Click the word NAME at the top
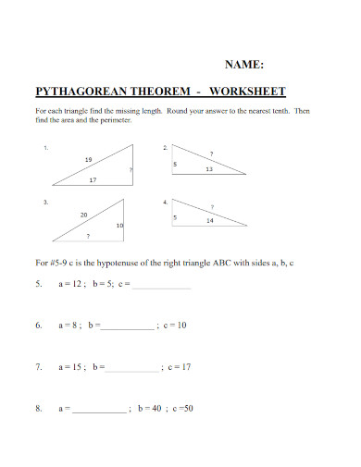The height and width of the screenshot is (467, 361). pyautogui.click(x=245, y=65)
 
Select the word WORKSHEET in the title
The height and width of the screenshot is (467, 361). pyautogui.click(x=248, y=92)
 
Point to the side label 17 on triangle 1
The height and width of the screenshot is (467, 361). pyautogui.click(x=93, y=180)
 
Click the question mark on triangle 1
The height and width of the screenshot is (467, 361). pyautogui.click(x=131, y=170)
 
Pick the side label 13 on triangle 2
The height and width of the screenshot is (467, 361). pyautogui.click(x=209, y=169)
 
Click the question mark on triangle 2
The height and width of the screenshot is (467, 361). pyautogui.click(x=211, y=153)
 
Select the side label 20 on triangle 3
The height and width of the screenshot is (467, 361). pyautogui.click(x=84, y=215)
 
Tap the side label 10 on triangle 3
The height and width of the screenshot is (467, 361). pyautogui.click(x=119, y=226)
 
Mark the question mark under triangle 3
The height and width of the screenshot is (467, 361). pyautogui.click(x=87, y=237)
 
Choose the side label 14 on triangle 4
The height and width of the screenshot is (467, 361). pyautogui.click(x=210, y=221)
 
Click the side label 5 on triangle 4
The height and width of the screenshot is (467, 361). pyautogui.click(x=174, y=216)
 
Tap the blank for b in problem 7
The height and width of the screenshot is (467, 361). pyautogui.click(x=132, y=367)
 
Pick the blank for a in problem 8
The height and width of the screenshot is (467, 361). pyautogui.click(x=99, y=408)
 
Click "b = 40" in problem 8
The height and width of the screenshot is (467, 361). pyautogui.click(x=151, y=408)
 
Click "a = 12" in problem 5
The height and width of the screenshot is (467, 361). pyautogui.click(x=72, y=285)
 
